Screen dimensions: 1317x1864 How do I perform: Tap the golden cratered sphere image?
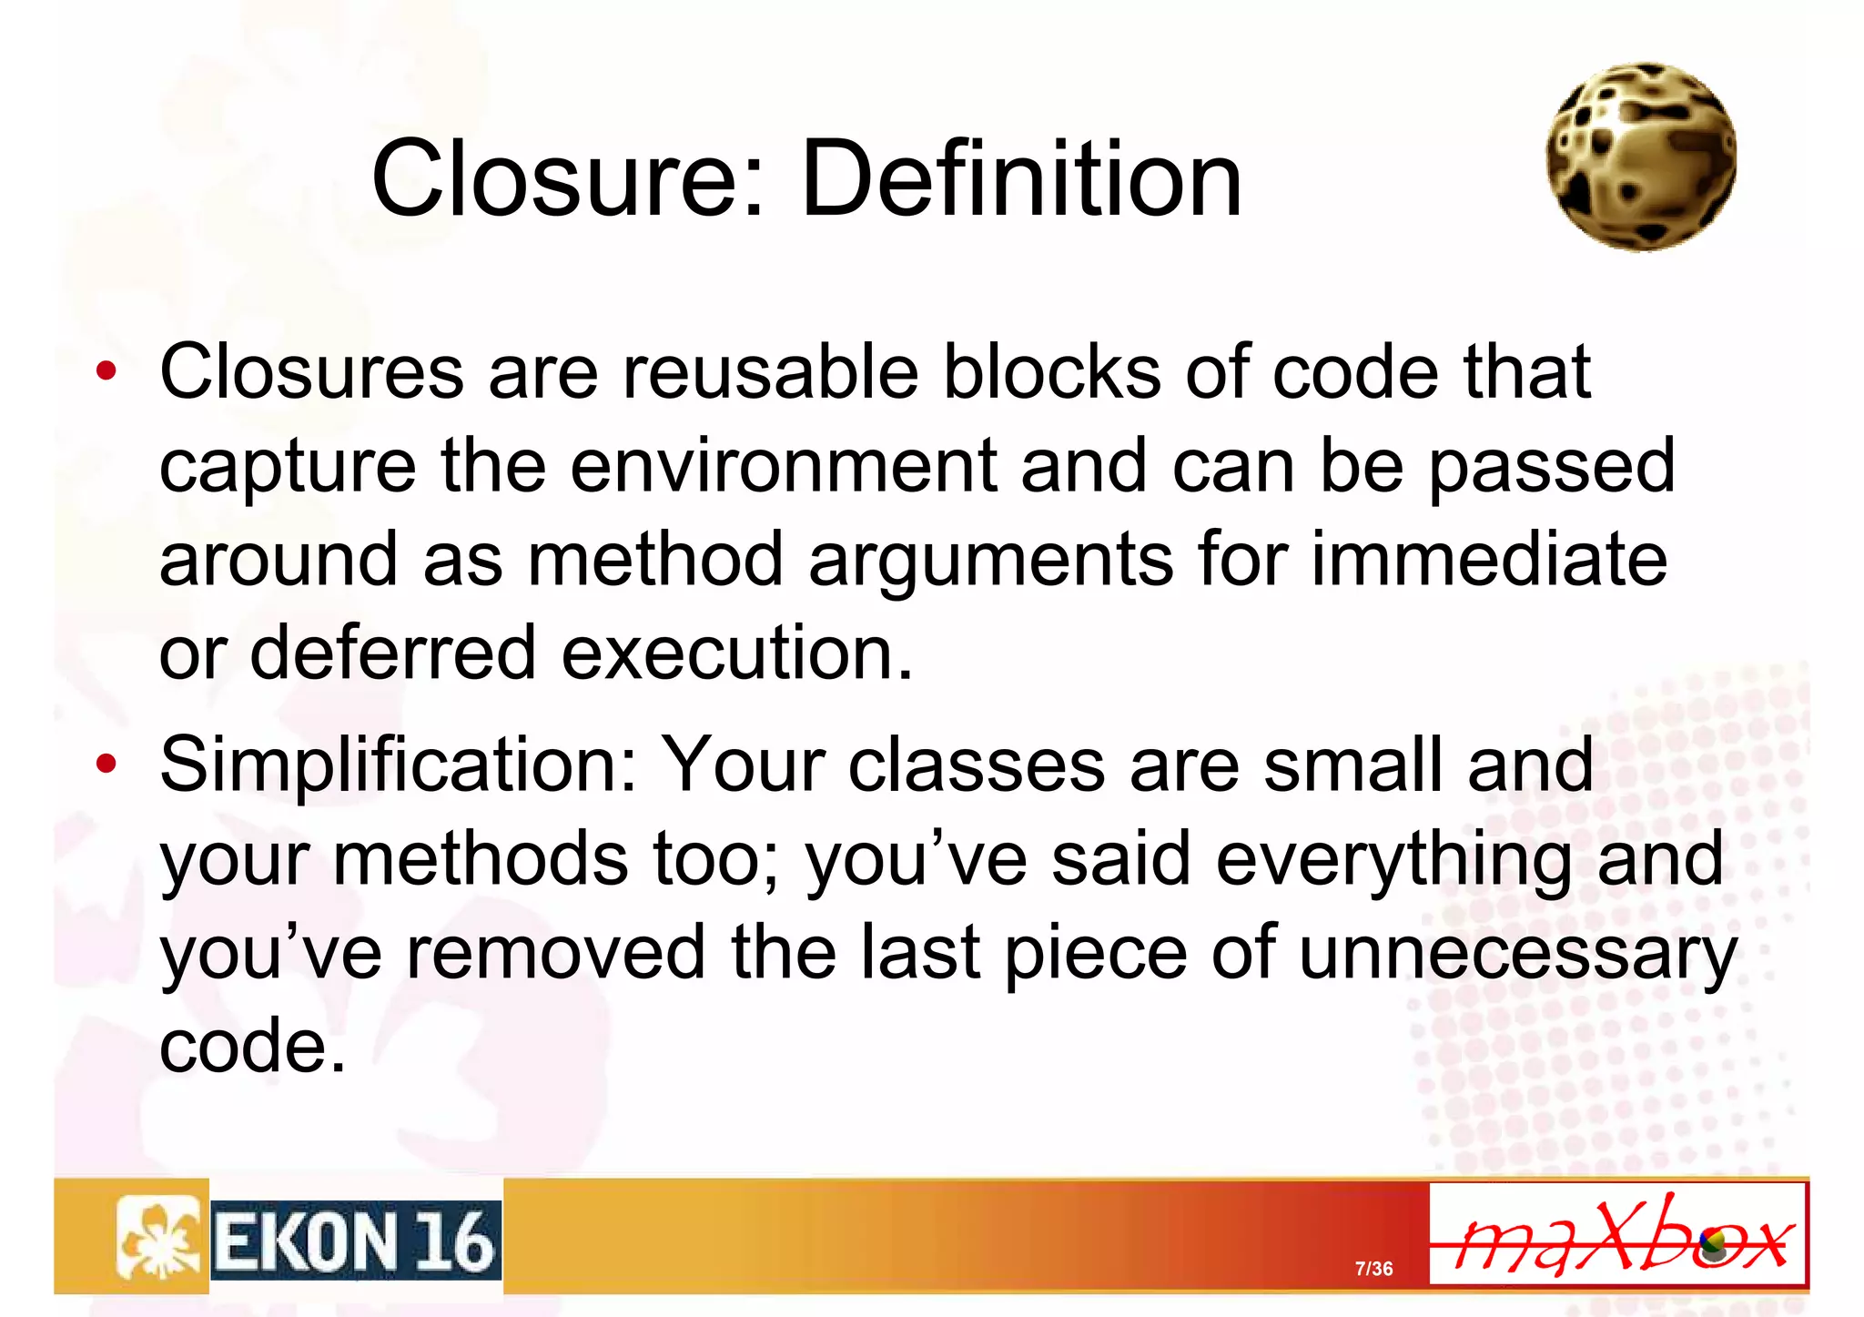pos(1641,157)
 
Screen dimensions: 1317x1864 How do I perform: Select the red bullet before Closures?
pos(106,371)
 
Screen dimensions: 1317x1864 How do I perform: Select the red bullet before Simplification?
pos(106,765)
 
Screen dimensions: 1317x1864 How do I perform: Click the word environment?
pos(784,466)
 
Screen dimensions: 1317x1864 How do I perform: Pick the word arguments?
pos(991,561)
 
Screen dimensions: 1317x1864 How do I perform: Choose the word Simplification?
pos(398,766)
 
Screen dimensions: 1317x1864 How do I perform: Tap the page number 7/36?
pos(1373,1269)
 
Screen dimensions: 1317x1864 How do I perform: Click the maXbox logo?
pos(1617,1234)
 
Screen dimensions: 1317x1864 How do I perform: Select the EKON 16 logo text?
pos(356,1241)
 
